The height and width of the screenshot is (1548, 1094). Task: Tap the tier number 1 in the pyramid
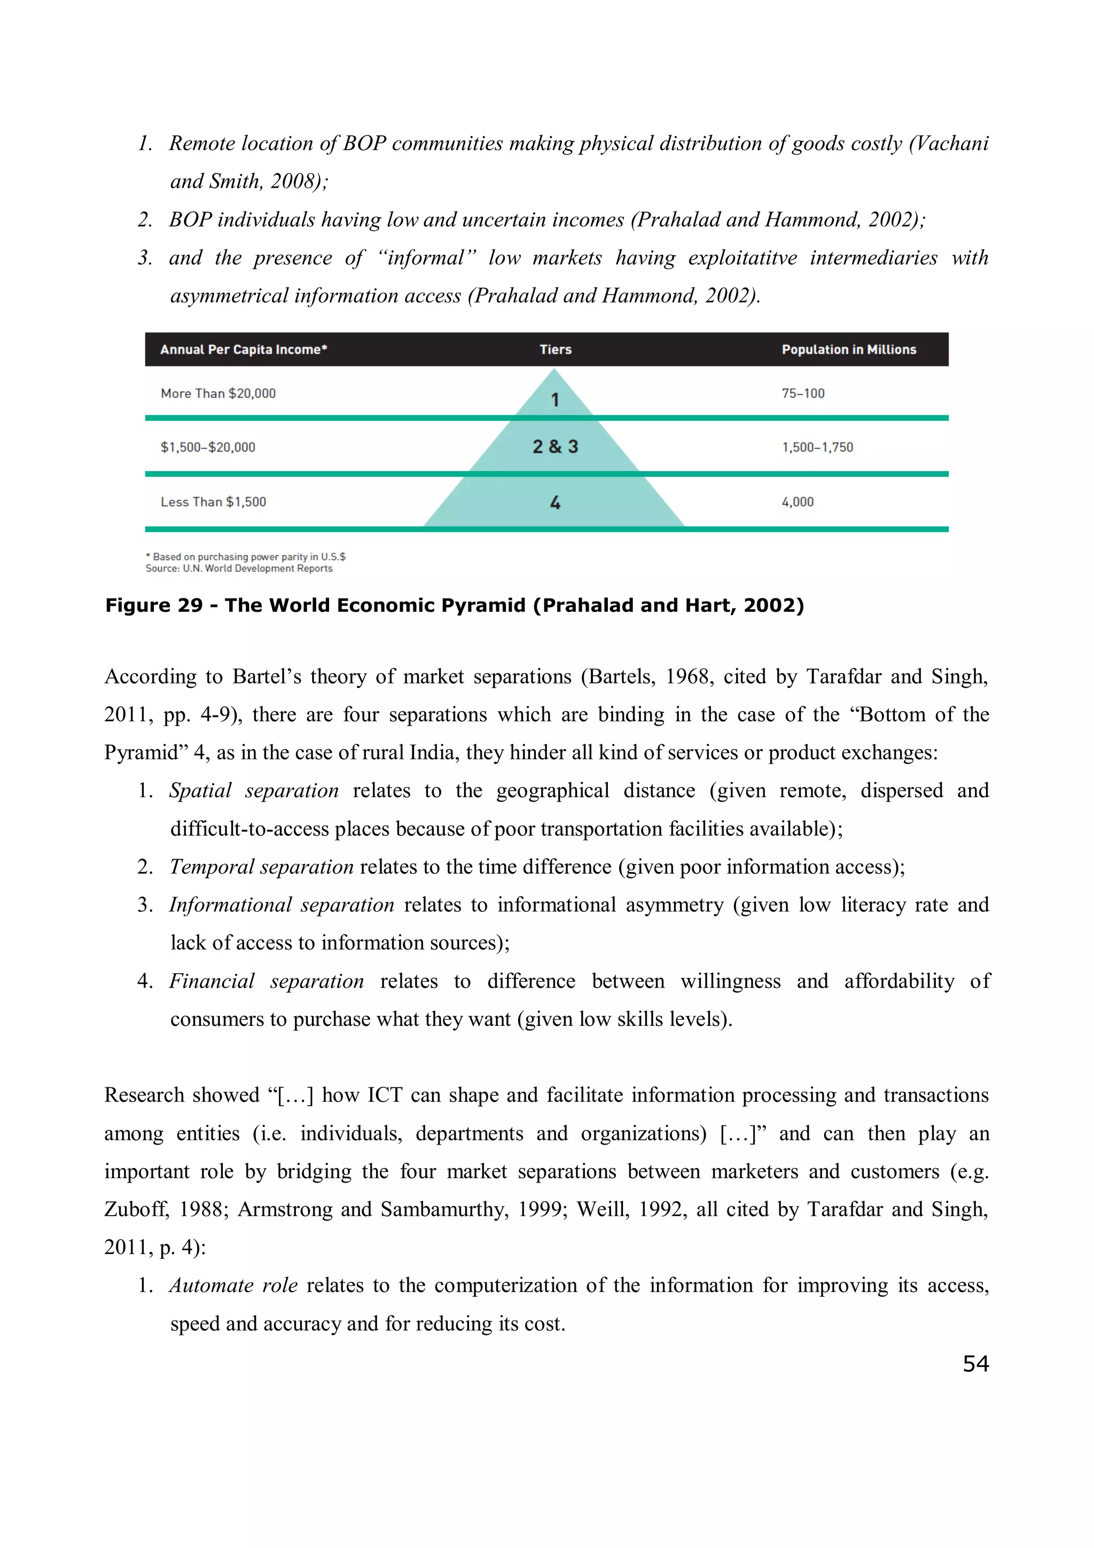coord(555,399)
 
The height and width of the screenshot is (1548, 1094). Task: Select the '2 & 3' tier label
coord(555,446)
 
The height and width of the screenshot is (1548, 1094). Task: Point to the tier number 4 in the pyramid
coord(555,502)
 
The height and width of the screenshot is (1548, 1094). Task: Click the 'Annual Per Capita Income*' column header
coord(244,349)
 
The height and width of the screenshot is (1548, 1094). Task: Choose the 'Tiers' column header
coord(556,349)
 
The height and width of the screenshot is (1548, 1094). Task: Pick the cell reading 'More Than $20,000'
coord(218,393)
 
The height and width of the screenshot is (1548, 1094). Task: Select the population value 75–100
coord(803,393)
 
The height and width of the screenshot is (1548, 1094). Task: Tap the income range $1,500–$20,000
coord(208,447)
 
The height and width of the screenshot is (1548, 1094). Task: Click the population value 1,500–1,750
coord(817,447)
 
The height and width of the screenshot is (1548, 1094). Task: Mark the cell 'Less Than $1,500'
coord(213,502)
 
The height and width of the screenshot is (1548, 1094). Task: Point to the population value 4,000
coord(798,502)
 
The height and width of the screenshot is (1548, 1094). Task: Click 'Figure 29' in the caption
coord(154,605)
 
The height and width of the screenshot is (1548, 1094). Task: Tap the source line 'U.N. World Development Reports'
coord(257,569)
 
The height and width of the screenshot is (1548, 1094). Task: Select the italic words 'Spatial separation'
coord(253,790)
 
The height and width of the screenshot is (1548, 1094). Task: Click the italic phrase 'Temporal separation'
coord(262,866)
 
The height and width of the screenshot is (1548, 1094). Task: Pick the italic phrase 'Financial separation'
coord(266,981)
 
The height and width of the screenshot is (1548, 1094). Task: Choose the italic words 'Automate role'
coord(233,1285)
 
